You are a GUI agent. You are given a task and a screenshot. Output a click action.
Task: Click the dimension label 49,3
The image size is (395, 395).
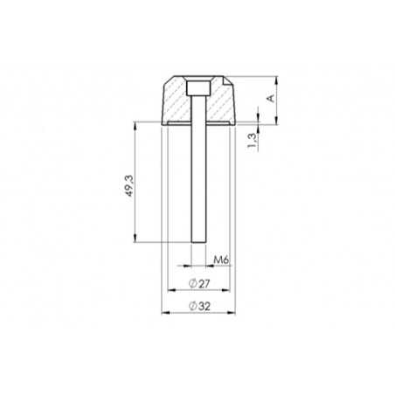[128, 186]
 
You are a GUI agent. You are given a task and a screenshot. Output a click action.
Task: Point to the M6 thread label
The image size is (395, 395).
[221, 260]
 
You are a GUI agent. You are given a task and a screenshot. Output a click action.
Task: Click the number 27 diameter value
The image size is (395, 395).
[202, 284]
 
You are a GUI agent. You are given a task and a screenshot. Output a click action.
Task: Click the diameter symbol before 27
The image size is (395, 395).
[191, 284]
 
